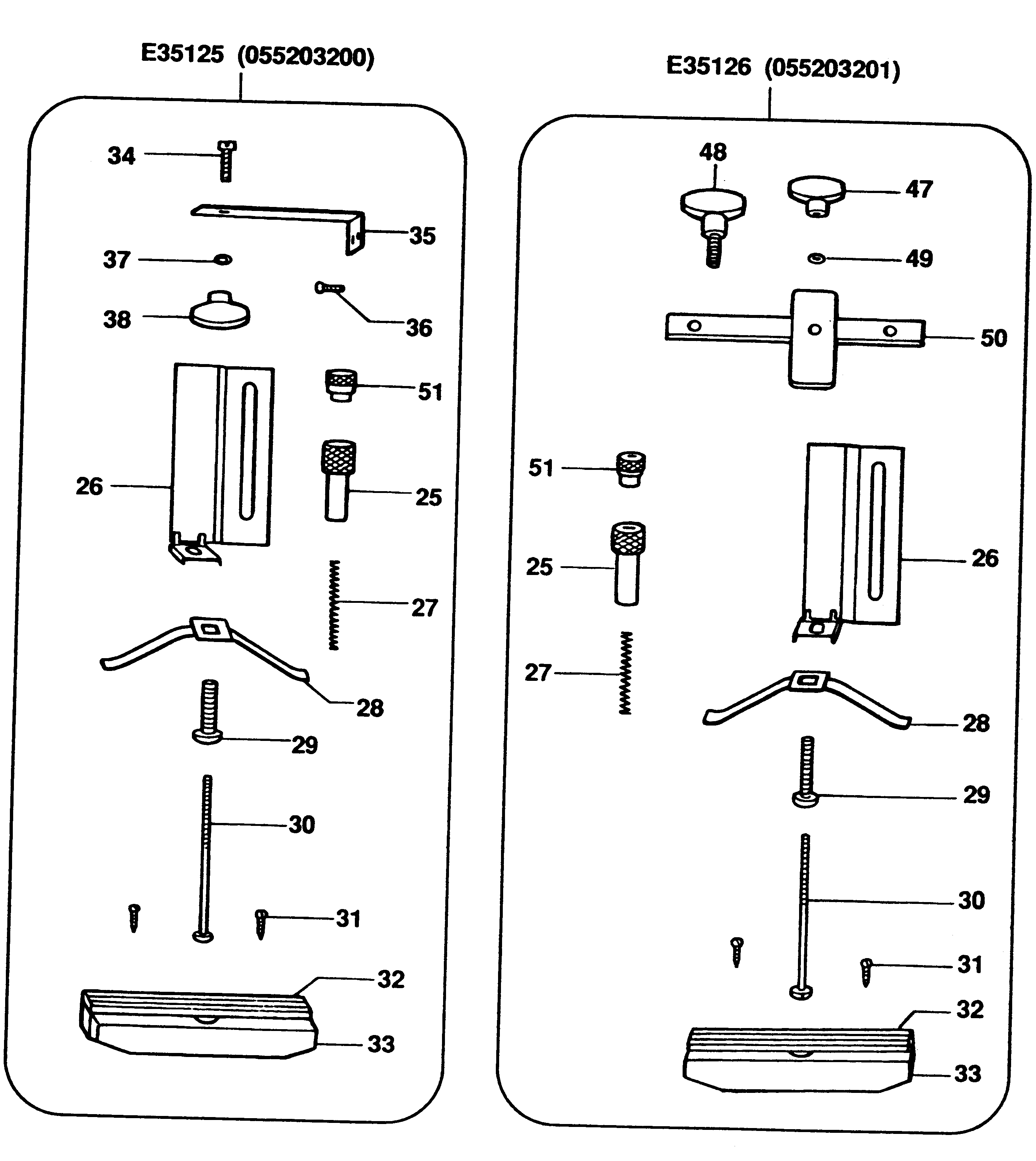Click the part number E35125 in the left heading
point(182,55)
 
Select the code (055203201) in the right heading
point(832,70)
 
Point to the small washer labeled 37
point(223,260)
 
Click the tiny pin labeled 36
point(329,288)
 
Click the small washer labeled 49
point(817,259)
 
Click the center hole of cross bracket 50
point(814,330)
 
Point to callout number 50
point(993,338)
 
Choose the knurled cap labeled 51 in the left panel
point(341,386)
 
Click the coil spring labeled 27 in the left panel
point(334,605)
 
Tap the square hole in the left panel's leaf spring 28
point(211,628)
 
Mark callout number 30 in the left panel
point(301,824)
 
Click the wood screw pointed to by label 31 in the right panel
point(866,971)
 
